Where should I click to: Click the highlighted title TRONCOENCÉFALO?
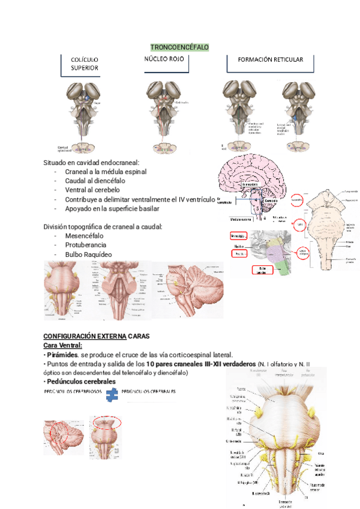click(x=179, y=47)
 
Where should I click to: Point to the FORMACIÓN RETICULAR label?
click(x=270, y=60)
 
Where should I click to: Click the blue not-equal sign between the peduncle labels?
click(x=111, y=394)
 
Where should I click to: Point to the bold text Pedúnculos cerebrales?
click(x=81, y=382)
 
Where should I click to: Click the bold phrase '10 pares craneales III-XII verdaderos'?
click(x=200, y=364)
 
